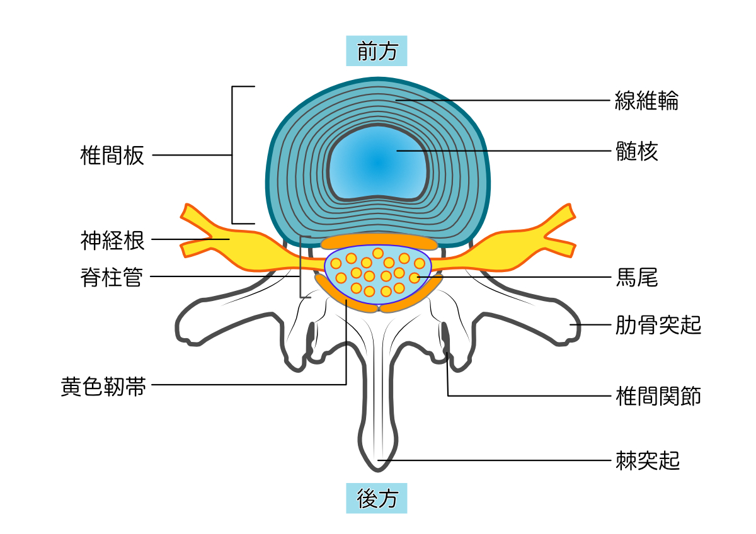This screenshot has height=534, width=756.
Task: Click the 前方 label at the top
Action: click(x=377, y=51)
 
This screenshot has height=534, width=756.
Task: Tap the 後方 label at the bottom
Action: click(x=377, y=499)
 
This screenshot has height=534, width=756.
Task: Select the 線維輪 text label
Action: click(x=646, y=101)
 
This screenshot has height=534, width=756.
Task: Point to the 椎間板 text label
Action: click(x=112, y=155)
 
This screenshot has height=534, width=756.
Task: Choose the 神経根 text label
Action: click(x=112, y=240)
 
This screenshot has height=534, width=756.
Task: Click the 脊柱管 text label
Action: click(x=112, y=276)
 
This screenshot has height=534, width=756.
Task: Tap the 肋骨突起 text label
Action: click(x=658, y=325)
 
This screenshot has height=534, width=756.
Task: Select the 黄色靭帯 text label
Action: click(x=103, y=385)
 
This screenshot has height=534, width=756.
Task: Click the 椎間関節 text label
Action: click(x=658, y=396)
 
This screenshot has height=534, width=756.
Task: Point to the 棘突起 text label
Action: click(x=647, y=460)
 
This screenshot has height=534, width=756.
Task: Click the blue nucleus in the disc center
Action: click(x=378, y=164)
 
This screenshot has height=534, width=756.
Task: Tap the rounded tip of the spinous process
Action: click(x=378, y=463)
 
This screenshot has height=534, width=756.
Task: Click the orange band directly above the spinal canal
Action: click(x=378, y=242)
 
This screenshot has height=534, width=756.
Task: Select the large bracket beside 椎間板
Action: click(x=234, y=155)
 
